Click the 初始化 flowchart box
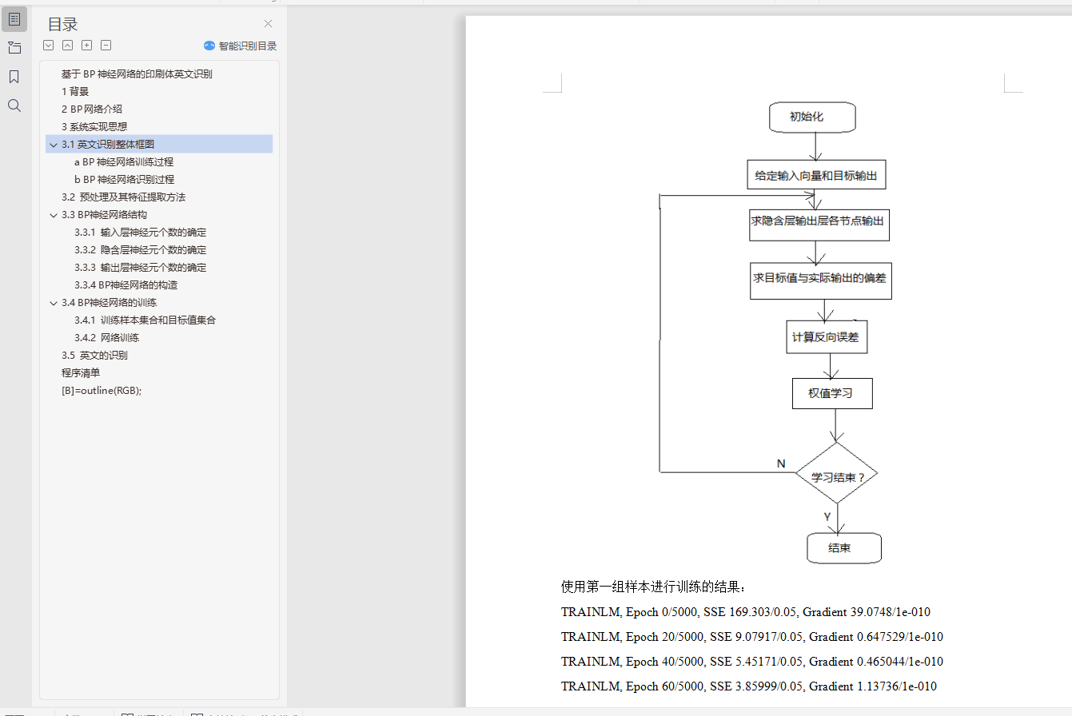812,117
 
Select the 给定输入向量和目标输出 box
816,174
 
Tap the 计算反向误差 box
826,337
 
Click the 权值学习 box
831,393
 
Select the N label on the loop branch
781,463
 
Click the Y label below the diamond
827,517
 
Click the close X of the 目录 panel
269,24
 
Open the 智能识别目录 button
241,46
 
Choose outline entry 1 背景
75,91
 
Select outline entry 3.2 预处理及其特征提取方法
123,197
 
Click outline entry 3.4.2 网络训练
106,337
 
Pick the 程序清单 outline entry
81,372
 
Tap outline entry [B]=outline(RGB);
102,390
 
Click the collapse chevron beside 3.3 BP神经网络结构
54,215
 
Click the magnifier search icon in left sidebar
14,105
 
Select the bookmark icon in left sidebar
14,77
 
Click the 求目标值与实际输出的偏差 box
820,279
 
